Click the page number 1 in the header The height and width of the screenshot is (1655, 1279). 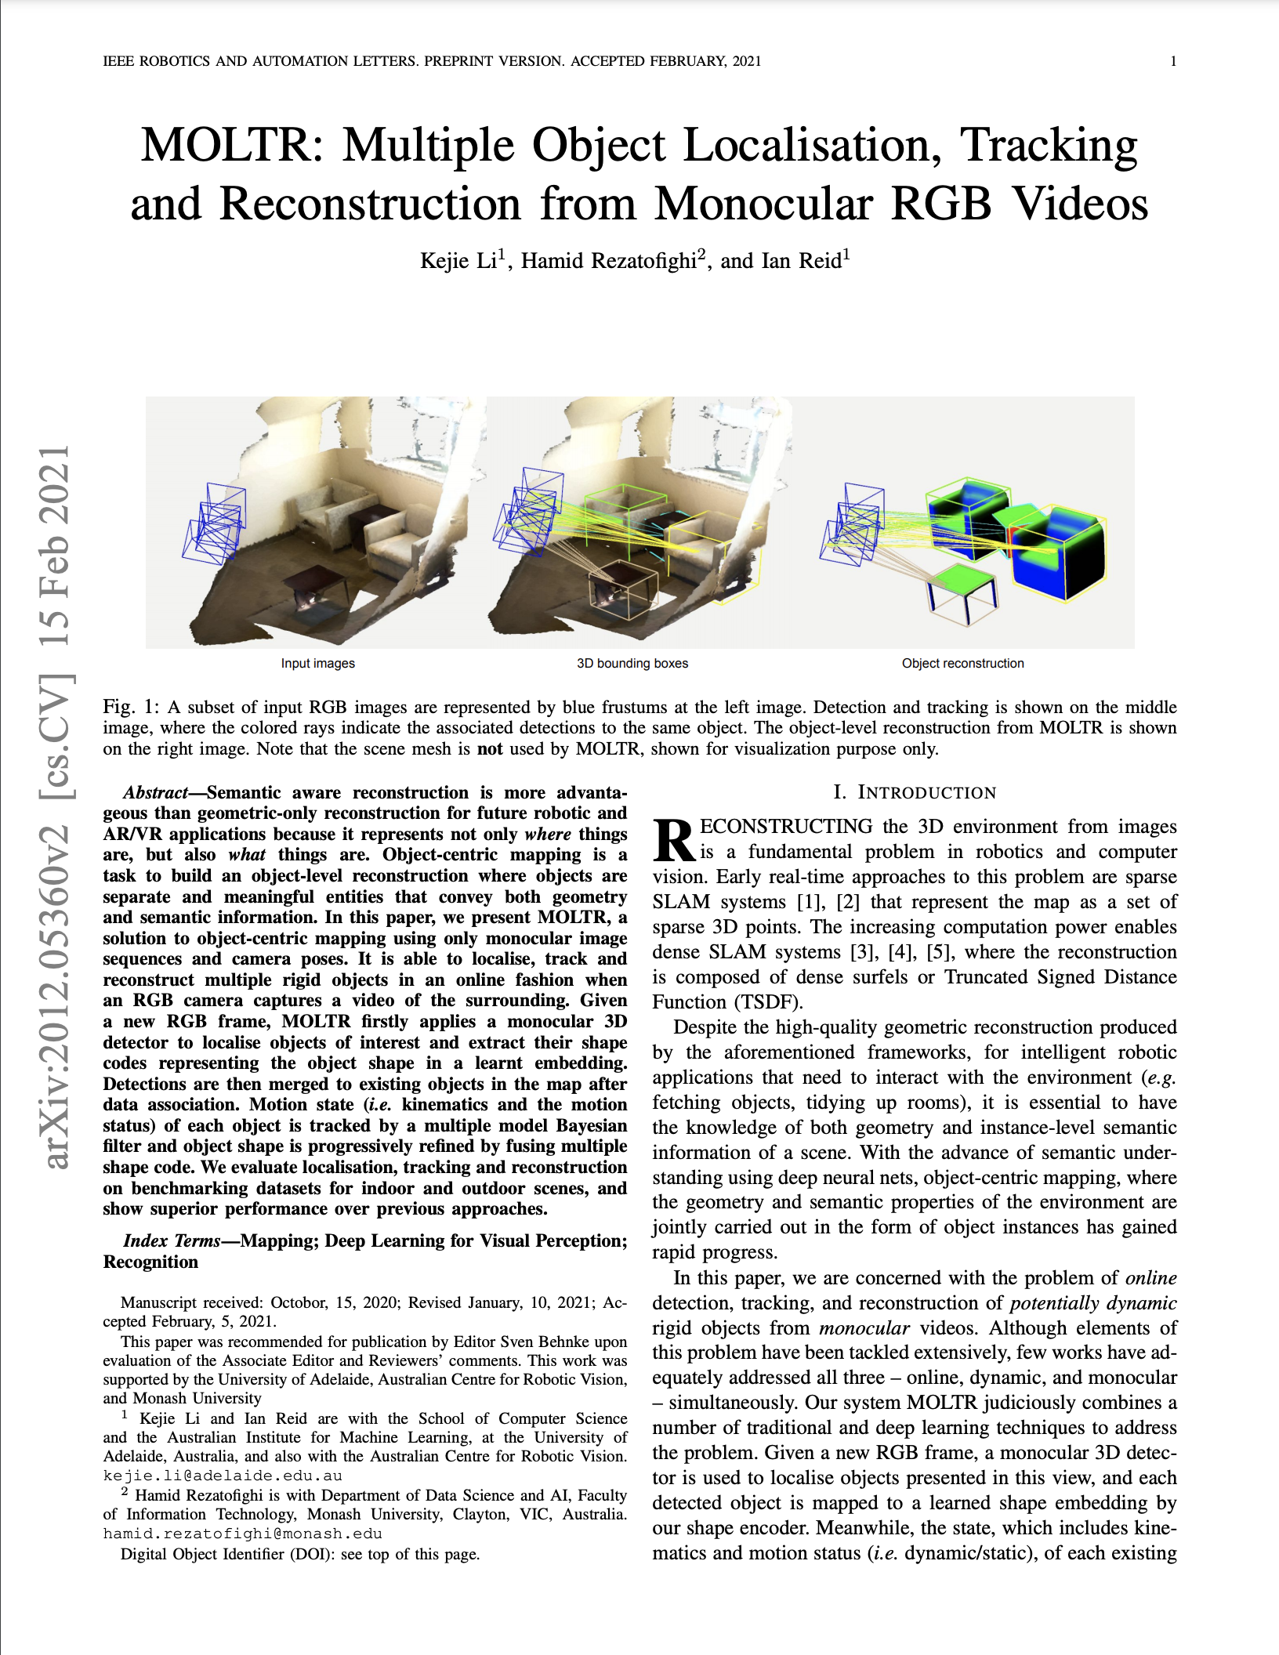pyautogui.click(x=1172, y=61)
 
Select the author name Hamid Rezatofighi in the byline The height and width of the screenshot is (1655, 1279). pyautogui.click(x=609, y=261)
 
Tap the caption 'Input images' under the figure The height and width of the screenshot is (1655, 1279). pyautogui.click(x=317, y=663)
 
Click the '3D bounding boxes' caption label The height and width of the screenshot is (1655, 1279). pyautogui.click(x=632, y=663)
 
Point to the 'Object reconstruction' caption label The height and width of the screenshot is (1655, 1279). pyautogui.click(x=962, y=663)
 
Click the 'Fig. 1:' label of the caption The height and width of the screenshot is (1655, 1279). pyautogui.click(x=131, y=707)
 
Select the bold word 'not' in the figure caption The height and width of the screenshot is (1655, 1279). pyautogui.click(x=490, y=748)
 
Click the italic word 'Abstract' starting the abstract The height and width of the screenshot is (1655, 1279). pyautogui.click(x=155, y=792)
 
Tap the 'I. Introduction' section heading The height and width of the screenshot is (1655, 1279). pyautogui.click(x=915, y=792)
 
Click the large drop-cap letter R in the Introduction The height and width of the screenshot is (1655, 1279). pyautogui.click(x=674, y=839)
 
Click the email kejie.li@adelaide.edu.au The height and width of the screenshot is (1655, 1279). pyautogui.click(x=223, y=1476)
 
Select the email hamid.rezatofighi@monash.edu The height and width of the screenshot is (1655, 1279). pyautogui.click(x=242, y=1534)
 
